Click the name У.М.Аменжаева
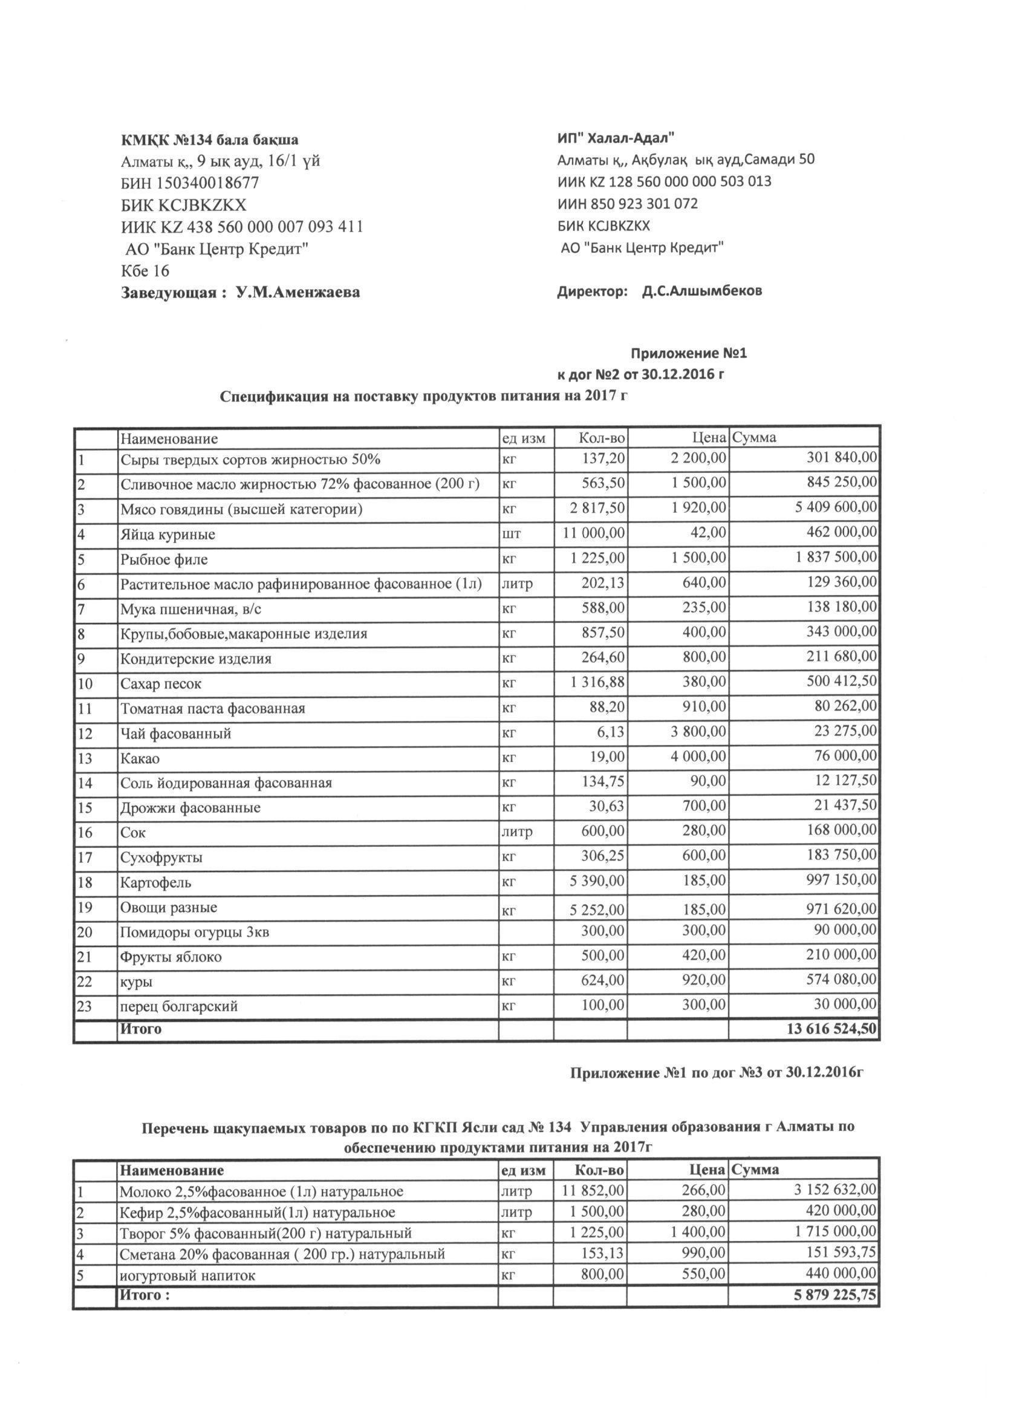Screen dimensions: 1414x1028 [298, 292]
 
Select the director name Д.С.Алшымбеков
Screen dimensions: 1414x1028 [702, 291]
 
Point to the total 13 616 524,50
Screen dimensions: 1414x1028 [831, 1029]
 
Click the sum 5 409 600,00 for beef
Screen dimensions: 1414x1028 [836, 508]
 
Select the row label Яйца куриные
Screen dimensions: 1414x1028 [168, 534]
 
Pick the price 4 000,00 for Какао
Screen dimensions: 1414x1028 [698, 757]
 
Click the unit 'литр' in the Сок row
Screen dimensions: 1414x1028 [517, 832]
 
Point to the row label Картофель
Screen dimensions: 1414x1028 [156, 883]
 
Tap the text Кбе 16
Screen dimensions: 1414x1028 [145, 271]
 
